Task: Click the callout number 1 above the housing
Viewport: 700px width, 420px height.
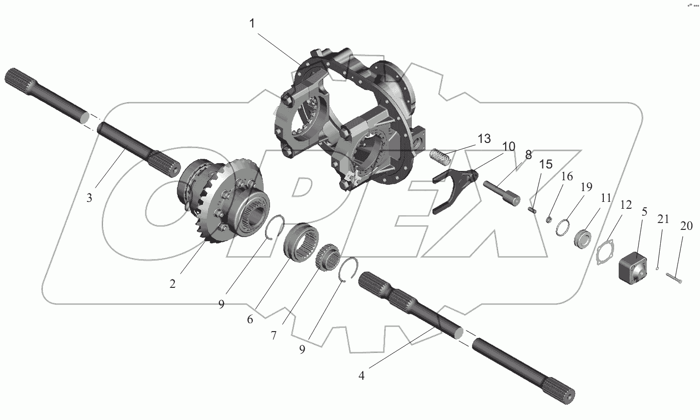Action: pos(252,24)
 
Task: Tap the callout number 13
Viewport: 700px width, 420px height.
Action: pos(484,139)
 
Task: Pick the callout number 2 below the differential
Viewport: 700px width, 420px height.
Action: pos(172,283)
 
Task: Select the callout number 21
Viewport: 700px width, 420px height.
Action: pos(663,220)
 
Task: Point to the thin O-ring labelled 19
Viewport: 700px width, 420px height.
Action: pos(562,228)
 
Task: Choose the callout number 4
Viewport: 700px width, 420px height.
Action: pos(361,376)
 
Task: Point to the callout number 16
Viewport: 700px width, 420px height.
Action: pos(567,176)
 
